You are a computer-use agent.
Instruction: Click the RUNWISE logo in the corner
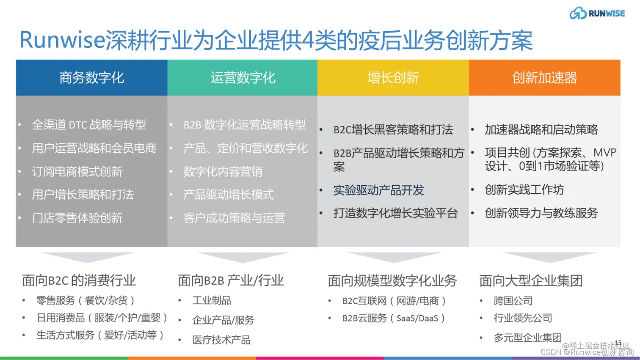click(x=597, y=13)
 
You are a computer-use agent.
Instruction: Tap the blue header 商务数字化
click(x=91, y=78)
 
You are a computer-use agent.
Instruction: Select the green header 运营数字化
click(x=243, y=78)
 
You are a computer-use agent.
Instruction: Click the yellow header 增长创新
click(x=393, y=78)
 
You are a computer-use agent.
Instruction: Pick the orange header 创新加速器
click(x=544, y=78)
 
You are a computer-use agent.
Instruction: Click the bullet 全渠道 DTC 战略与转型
click(x=89, y=125)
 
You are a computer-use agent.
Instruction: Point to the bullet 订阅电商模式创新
click(x=77, y=171)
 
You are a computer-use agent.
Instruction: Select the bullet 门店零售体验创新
click(x=77, y=218)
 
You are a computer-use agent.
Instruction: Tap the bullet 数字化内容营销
click(x=223, y=171)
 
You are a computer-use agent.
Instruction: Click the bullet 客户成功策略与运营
click(x=234, y=218)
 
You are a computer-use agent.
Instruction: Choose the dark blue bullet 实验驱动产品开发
click(x=378, y=190)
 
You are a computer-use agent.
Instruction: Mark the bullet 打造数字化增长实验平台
click(x=395, y=213)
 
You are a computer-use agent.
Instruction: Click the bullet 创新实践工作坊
click(x=524, y=190)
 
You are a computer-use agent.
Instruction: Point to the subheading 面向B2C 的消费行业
click(x=79, y=280)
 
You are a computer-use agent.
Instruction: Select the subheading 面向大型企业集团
click(x=531, y=280)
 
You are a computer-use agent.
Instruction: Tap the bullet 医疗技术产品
click(x=221, y=340)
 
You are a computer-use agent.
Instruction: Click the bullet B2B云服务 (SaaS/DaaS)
click(x=393, y=318)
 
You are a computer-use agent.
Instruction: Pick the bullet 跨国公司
click(x=513, y=301)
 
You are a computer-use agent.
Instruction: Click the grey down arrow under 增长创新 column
click(x=393, y=256)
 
